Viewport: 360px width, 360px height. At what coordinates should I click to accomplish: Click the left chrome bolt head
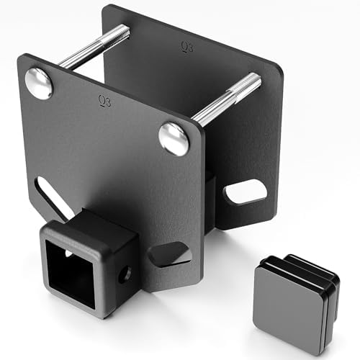[39, 84]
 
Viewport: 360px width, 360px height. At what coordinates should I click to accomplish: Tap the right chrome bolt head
[174, 138]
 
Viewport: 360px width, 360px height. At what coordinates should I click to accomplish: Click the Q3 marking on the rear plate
[187, 48]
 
